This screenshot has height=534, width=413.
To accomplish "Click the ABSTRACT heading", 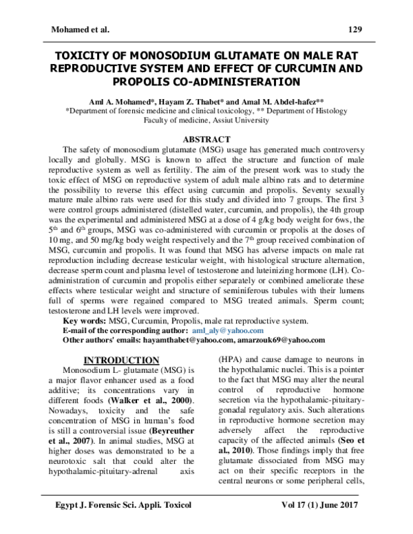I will coord(206,138).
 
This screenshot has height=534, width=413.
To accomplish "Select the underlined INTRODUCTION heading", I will coord(121,360).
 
